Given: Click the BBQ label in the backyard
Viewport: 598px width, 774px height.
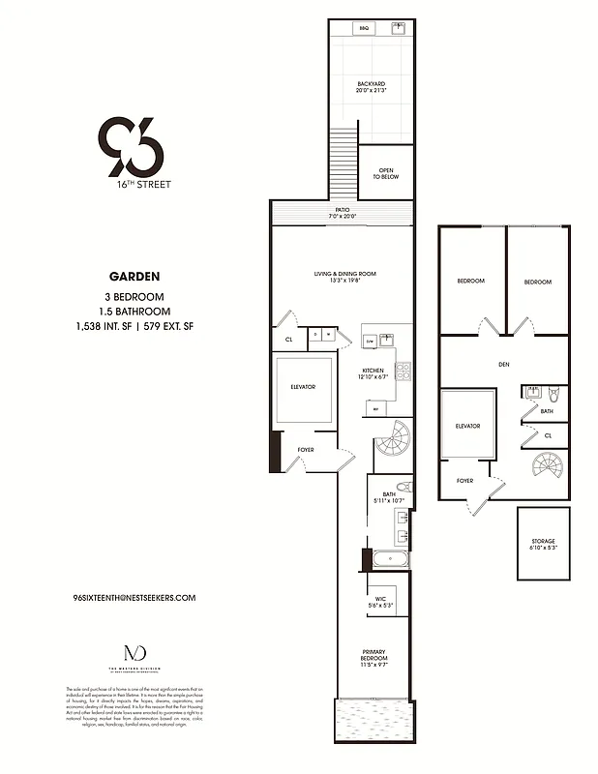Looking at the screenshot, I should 365,29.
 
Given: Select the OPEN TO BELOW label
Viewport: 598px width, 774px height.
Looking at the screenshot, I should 386,174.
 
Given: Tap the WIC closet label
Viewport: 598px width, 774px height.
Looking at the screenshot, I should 377,601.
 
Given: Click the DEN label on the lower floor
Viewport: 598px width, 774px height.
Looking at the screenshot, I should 503,366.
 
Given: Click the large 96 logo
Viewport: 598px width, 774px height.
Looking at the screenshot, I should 132,145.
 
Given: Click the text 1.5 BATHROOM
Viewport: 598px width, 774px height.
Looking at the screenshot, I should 134,312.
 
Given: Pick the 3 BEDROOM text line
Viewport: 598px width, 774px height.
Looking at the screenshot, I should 134,296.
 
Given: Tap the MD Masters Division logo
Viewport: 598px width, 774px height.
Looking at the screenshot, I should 134,655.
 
